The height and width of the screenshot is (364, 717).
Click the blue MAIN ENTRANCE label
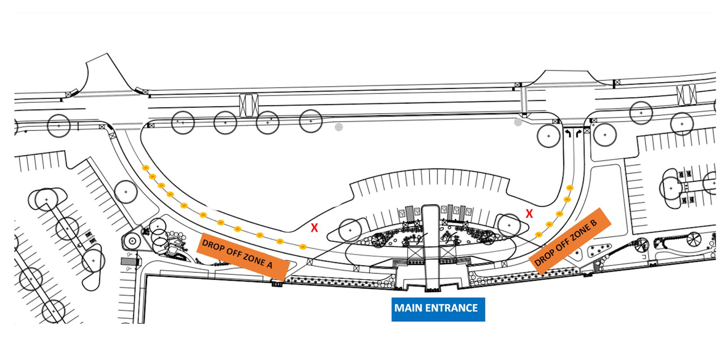tap(438, 309)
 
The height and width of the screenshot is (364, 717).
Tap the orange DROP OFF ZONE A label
tap(243, 256)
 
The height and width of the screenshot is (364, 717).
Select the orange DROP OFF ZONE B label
tap(570, 241)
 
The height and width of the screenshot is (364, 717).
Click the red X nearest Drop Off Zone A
tap(314, 228)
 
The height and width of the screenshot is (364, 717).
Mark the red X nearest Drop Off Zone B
tap(529, 213)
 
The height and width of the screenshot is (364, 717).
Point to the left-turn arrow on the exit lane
tap(568, 133)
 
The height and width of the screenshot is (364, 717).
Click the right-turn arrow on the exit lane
tap(579, 133)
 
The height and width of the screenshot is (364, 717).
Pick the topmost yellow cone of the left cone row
tap(146, 168)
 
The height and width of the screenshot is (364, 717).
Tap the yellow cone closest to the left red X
tap(303, 247)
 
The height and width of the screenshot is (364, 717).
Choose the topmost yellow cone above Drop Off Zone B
tap(570, 187)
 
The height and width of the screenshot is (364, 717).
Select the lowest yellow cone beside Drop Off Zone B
tap(539, 235)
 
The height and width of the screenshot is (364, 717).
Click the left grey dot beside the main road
tap(339, 127)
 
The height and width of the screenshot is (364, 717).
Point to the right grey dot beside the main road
tap(518, 122)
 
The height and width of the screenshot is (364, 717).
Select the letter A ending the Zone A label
tap(269, 265)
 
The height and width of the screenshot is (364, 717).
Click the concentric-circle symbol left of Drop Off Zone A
tap(133, 241)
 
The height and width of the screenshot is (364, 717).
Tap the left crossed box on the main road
tap(249, 105)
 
